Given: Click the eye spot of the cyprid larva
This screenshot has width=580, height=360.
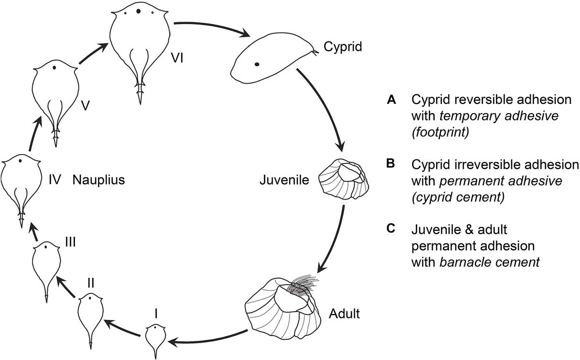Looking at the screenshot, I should tap(258, 64).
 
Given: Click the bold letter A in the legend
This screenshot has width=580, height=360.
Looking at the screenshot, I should tap(391, 100).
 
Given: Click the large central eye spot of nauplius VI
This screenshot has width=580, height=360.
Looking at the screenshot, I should tap(139, 11).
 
